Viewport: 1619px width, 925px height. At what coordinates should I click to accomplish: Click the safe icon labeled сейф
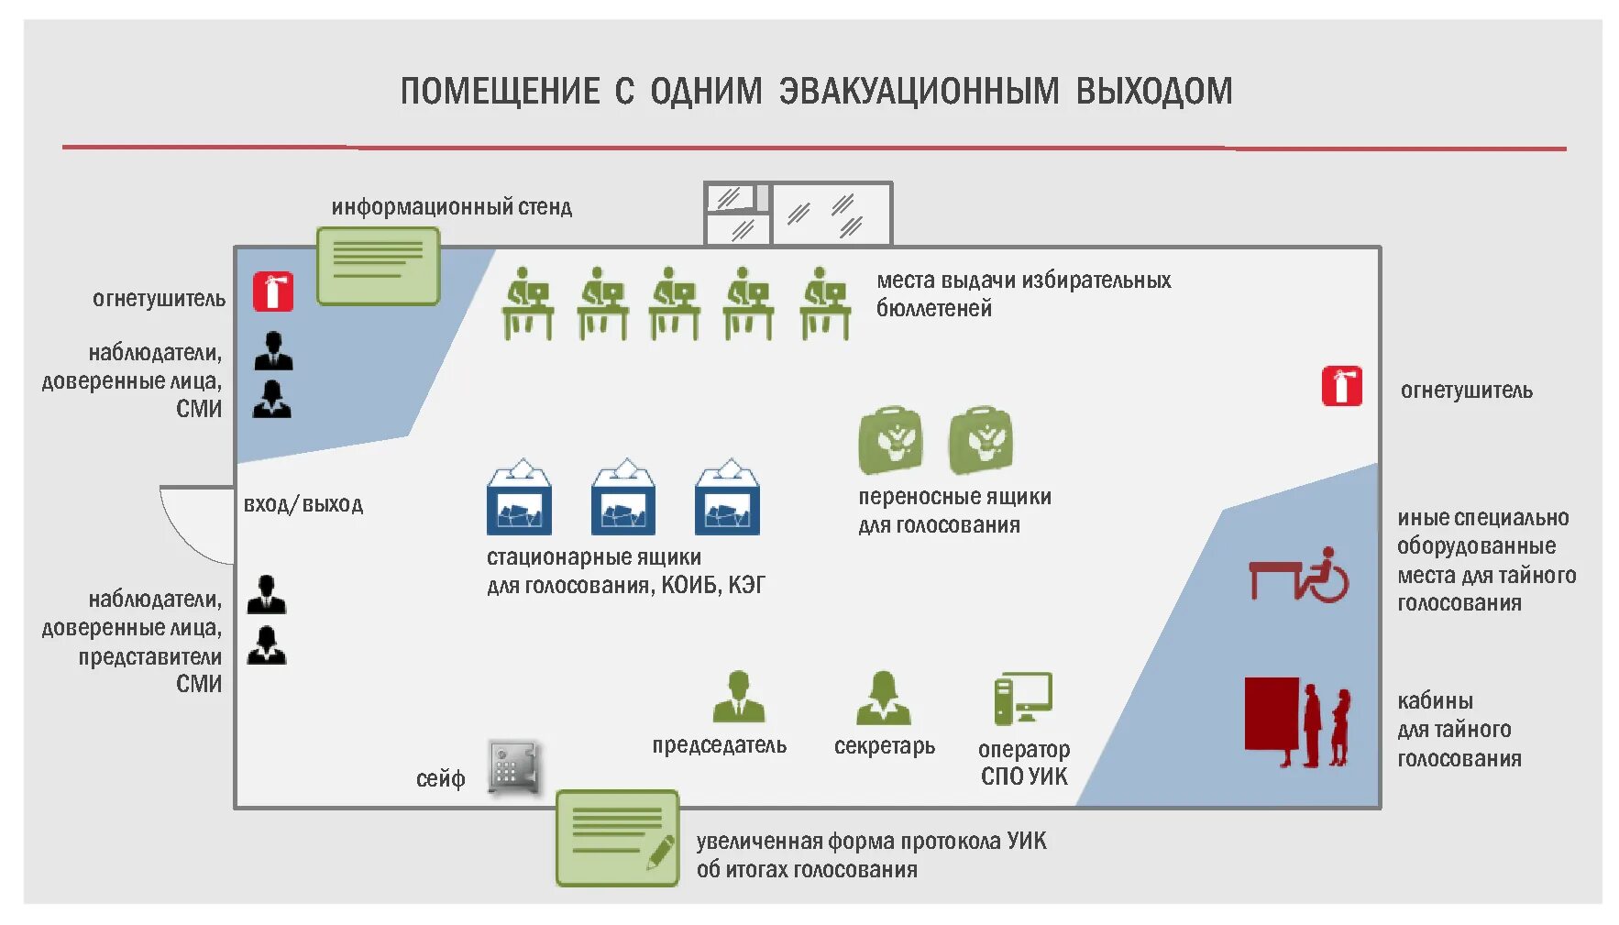coord(512,766)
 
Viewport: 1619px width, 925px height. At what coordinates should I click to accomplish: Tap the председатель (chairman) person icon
coord(738,698)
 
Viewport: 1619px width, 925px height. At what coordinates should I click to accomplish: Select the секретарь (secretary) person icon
coord(883,699)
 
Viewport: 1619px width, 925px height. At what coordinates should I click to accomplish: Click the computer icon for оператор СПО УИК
coord(1022,699)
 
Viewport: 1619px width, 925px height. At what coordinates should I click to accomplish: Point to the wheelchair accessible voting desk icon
coord(1298,576)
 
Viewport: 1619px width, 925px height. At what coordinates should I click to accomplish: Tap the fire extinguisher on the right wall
coord(1341,386)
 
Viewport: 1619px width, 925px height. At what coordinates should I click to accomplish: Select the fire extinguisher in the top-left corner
coord(273,292)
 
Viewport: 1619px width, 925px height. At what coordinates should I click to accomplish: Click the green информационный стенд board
coord(378,266)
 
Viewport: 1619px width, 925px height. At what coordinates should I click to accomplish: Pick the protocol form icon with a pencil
coord(617,838)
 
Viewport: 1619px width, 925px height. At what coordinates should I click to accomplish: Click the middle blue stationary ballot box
coord(623,499)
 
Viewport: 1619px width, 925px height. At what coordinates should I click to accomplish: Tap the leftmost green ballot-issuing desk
coord(527,304)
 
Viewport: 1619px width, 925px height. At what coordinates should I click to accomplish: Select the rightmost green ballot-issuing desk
coord(824,304)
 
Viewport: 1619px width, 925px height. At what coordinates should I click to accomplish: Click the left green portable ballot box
coord(890,441)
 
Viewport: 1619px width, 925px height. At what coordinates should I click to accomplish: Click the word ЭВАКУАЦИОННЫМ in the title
coord(919,92)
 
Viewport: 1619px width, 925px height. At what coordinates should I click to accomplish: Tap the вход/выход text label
coord(303,504)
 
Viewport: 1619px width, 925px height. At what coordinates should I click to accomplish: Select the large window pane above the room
coord(832,215)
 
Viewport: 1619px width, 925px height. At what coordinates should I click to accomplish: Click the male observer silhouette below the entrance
coord(267,595)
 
